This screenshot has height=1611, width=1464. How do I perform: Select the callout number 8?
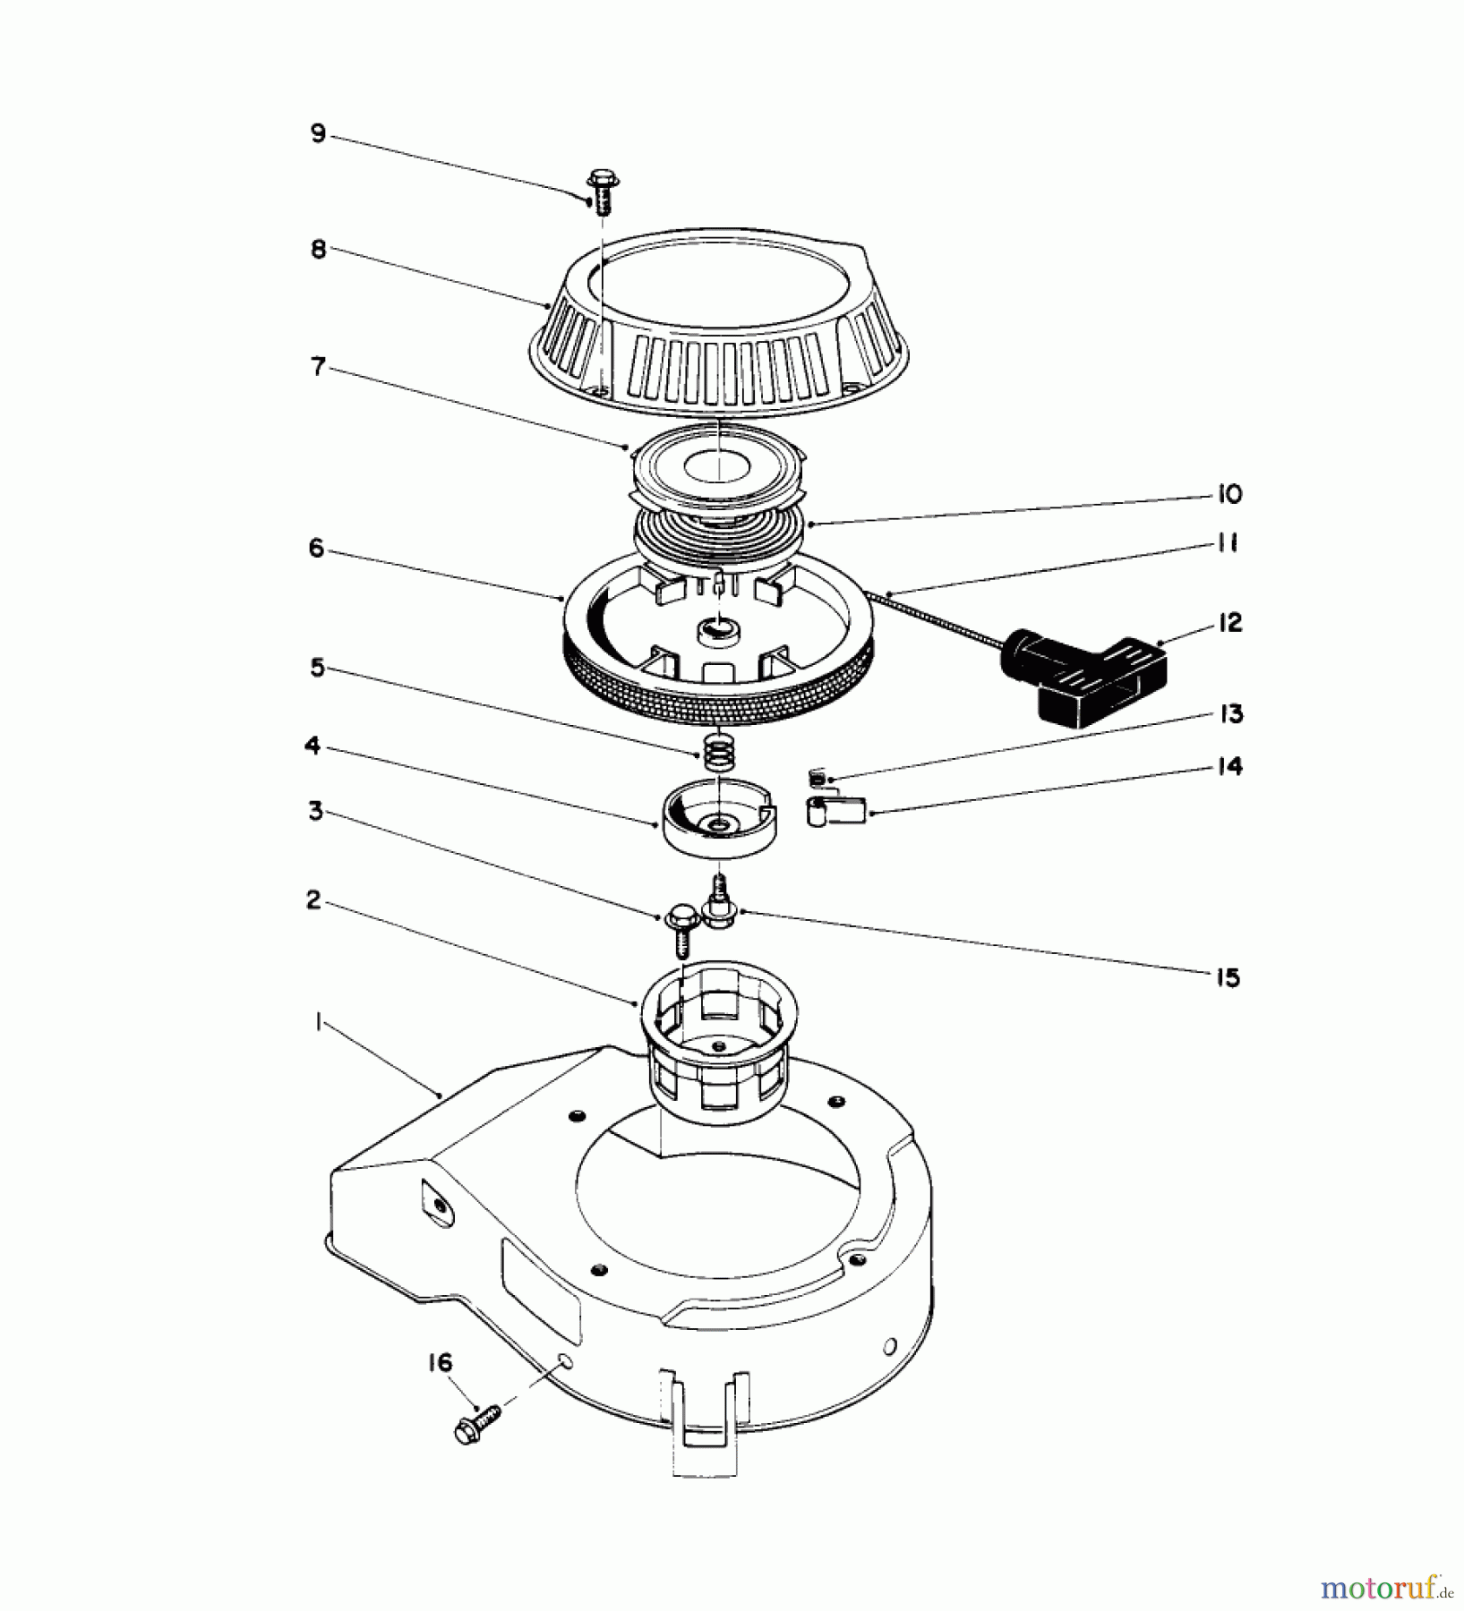(319, 250)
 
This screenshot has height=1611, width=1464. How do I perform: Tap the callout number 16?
(440, 1362)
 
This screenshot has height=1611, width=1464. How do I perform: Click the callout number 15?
(1229, 978)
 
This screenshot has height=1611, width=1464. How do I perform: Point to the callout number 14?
(1229, 767)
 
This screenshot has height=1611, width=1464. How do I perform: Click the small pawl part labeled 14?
(836, 811)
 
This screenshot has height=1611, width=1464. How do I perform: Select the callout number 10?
(1229, 494)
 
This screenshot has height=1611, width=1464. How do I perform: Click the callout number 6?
(317, 549)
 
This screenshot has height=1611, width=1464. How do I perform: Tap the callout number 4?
(314, 746)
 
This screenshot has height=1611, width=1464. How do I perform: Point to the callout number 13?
(1231, 714)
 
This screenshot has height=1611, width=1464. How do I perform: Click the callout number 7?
(319, 367)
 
